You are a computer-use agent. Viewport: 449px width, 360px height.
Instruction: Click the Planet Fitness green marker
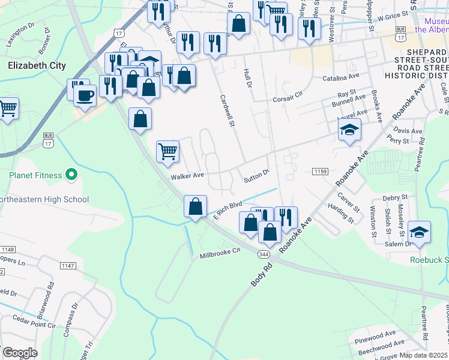71,175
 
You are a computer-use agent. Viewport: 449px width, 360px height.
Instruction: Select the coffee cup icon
85,95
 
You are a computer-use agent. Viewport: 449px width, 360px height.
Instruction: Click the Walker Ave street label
187,176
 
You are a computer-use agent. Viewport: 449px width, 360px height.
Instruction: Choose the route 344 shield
264,254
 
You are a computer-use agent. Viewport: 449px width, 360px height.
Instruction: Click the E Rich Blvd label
228,211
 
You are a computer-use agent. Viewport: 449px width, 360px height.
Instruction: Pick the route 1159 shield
320,172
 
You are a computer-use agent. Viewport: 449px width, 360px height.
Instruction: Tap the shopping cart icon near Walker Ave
168,151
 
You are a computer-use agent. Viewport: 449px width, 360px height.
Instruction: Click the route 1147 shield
67,265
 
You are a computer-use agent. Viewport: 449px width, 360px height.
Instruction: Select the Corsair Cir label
289,100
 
